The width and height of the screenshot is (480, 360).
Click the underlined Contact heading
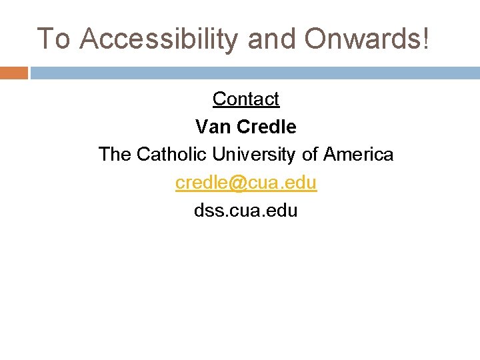[x=246, y=99]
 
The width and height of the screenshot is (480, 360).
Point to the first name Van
[x=212, y=126]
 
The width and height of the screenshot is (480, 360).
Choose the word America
[x=359, y=154]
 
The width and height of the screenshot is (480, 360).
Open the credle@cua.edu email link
[x=246, y=183]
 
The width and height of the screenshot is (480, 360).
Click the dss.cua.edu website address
[x=246, y=211]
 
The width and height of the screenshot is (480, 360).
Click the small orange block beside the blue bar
[x=14, y=73]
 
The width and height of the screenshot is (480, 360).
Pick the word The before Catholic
[x=115, y=154]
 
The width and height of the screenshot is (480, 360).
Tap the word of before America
[x=310, y=154]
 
